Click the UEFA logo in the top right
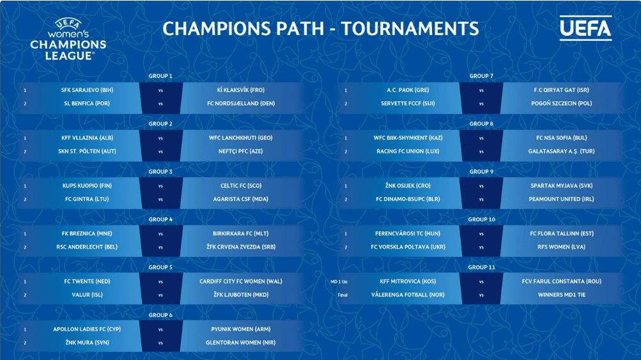click(585, 28)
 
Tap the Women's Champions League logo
click(68, 40)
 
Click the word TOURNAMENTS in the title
click(410, 29)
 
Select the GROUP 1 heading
click(160, 76)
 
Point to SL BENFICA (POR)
click(87, 104)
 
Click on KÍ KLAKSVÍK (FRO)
click(241, 90)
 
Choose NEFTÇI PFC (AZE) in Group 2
click(240, 152)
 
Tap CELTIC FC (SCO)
click(241, 185)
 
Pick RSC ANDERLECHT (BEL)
click(87, 247)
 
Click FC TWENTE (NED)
click(87, 281)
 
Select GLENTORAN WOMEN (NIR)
click(240, 343)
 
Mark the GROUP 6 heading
click(160, 315)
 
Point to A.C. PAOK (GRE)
click(408, 90)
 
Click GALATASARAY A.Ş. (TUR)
click(561, 152)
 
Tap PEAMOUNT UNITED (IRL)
click(561, 200)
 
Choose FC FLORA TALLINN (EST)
click(561, 233)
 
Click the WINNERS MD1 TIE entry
click(561, 295)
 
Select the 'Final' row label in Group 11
click(343, 295)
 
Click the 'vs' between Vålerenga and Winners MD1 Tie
click(481, 295)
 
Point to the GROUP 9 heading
click(481, 172)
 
